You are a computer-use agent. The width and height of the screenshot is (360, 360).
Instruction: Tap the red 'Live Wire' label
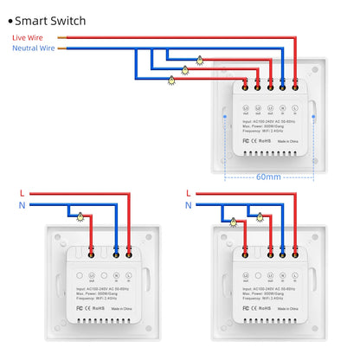click(28, 38)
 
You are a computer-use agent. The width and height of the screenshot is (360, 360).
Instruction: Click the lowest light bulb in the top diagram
click(170, 79)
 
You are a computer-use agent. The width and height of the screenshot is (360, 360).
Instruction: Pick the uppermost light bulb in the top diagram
click(200, 60)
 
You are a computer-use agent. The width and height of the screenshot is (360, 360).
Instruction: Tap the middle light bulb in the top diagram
click(184, 69)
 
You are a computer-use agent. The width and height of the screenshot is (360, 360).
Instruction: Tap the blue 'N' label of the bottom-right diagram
click(188, 205)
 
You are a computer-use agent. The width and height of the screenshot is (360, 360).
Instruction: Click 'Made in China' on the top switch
click(291, 138)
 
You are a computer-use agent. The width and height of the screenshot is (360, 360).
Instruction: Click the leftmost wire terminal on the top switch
click(247, 86)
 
